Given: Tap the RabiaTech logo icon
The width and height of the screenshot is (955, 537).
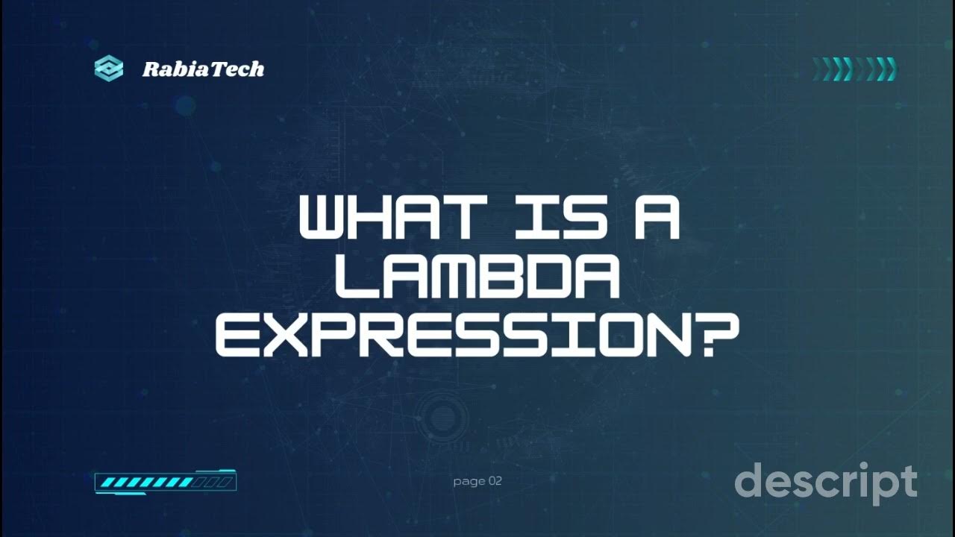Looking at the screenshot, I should click(109, 69).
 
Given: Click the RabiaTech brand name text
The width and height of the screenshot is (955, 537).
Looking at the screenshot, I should click(203, 69).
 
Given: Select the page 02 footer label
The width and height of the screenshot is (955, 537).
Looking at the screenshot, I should click(477, 481).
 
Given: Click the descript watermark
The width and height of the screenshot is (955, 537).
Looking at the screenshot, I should click(825, 483).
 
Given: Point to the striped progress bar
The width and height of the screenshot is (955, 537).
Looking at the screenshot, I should click(165, 483).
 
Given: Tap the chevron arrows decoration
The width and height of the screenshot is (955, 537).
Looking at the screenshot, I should click(854, 69).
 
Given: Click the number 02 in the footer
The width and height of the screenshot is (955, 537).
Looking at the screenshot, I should click(495, 481).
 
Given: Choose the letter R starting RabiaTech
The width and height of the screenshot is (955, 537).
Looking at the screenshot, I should click(151, 69).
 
